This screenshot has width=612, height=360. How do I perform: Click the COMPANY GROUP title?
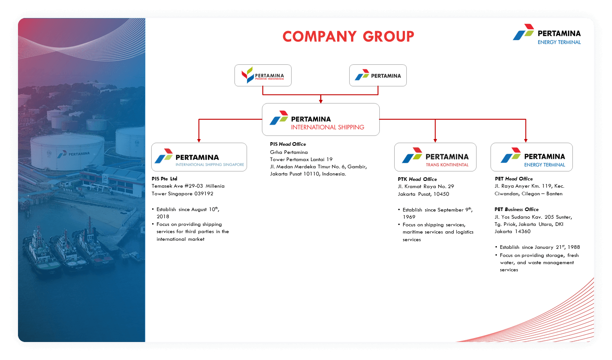[348, 36]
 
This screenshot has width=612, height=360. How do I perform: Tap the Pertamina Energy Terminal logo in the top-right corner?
[547, 34]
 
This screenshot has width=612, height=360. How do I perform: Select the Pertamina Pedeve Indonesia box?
[263, 76]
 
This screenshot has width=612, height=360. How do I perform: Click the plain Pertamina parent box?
[378, 76]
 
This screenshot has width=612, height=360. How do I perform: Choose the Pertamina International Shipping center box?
[321, 119]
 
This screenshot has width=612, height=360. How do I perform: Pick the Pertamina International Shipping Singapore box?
[199, 157]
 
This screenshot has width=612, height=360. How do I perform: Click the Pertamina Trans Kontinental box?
[435, 157]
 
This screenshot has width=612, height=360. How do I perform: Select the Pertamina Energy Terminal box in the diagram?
[532, 157]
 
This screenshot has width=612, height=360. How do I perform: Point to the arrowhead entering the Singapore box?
[199, 140]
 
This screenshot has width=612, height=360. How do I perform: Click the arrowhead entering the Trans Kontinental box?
[435, 140]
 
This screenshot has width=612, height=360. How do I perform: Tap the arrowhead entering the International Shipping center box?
[321, 101]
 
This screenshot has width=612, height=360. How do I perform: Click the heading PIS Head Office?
[288, 144]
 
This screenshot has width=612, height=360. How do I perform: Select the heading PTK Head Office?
[417, 179]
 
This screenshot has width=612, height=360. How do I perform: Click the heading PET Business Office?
[517, 209]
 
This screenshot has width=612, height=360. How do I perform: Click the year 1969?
[409, 217]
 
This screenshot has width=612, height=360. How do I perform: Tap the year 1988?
[574, 247]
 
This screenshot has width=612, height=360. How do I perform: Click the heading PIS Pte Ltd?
[165, 179]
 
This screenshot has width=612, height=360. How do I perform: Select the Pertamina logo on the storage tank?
[73, 154]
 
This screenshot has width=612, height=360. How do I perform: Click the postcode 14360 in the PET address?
[522, 231]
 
